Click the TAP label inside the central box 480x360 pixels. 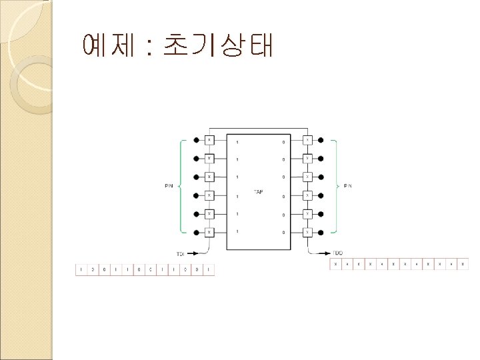[x=259, y=192]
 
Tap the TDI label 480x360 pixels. [x=181, y=254]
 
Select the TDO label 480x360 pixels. [x=338, y=254]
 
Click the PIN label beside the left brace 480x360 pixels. [x=169, y=186]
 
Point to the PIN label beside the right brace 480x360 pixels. [x=347, y=186]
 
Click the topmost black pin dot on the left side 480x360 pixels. [x=195, y=141]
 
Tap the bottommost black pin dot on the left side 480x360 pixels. [x=195, y=232]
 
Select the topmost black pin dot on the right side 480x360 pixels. [x=321, y=141]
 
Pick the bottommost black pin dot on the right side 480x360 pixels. [x=321, y=232]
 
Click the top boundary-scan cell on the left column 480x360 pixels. [x=209, y=141]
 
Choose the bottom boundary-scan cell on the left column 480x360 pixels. [x=209, y=232]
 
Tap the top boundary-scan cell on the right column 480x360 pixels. [x=307, y=141]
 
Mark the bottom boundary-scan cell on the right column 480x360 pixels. [x=307, y=232]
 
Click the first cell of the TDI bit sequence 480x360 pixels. [x=81, y=270]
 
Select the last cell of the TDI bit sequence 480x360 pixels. [x=209, y=270]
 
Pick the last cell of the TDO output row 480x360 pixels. [x=463, y=265]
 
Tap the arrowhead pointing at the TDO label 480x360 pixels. [x=329, y=253]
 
